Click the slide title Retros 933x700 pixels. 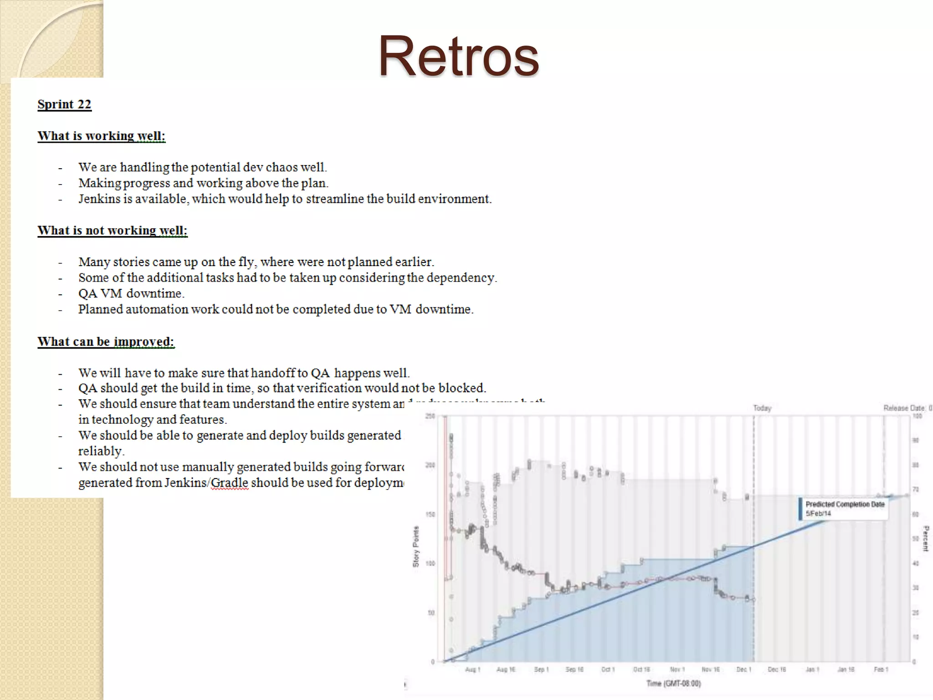[458, 56]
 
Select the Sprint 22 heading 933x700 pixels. [64, 104]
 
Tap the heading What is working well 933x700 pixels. [101, 136]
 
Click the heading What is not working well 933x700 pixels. [112, 231]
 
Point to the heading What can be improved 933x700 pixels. [106, 342]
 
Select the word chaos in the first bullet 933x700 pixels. [283, 167]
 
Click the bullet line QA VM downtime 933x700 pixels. [131, 293]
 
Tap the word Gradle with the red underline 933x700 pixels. [230, 483]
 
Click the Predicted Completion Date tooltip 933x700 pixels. [844, 509]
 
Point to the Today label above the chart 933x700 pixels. [762, 408]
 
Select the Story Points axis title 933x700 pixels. [415, 546]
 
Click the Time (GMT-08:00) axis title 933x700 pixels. [673, 683]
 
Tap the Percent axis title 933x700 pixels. [925, 538]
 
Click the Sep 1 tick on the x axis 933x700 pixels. [541, 669]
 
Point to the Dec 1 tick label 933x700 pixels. [743, 669]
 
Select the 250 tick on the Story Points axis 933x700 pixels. [430, 416]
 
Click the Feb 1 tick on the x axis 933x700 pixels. [881, 669]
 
